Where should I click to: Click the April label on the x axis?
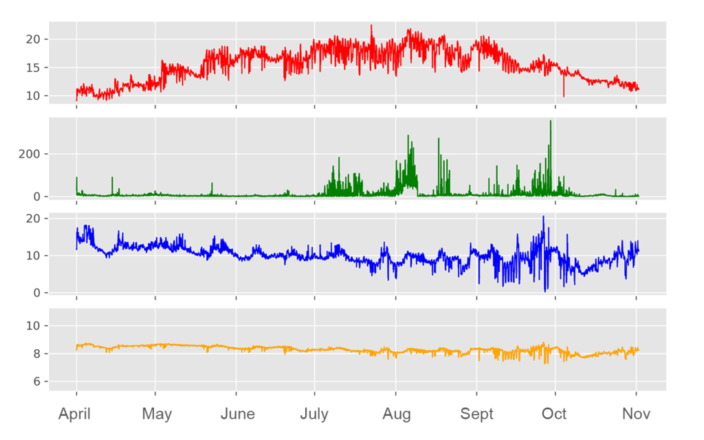(x=76, y=414)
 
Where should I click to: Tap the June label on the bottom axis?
(x=237, y=414)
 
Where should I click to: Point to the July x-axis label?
(x=314, y=414)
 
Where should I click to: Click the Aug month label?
(x=397, y=414)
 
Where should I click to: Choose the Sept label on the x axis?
(x=477, y=414)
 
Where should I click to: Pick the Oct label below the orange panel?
(x=554, y=414)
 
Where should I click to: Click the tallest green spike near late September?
(x=550, y=122)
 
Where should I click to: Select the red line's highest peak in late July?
(x=371, y=26)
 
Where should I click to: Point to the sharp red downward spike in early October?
(x=564, y=96)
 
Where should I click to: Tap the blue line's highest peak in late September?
(x=543, y=217)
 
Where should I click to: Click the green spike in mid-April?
(x=112, y=178)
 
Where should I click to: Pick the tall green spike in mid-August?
(x=439, y=139)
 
